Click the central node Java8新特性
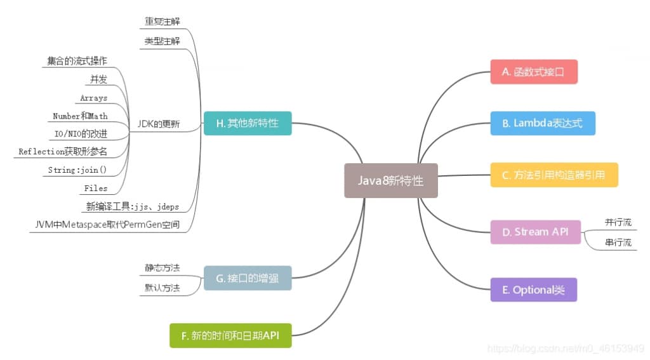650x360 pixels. click(x=390, y=180)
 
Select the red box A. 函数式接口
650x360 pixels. click(x=533, y=72)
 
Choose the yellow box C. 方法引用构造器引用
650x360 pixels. click(x=554, y=175)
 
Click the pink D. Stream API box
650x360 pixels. click(x=535, y=232)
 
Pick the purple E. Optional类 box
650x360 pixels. click(x=533, y=290)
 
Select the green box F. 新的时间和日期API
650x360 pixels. click(x=230, y=335)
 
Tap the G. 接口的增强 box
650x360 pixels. click(x=248, y=278)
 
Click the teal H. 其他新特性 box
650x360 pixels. click(x=248, y=123)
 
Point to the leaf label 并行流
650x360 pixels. click(x=618, y=222)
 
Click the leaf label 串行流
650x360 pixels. click(x=618, y=242)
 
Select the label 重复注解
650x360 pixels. click(x=162, y=21)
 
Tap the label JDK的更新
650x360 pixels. click(x=159, y=124)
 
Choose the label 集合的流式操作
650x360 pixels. click(x=77, y=61)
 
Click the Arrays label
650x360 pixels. click(x=94, y=98)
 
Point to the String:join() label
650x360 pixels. click(x=77, y=170)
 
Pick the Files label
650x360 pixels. click(x=96, y=189)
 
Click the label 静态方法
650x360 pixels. click(x=162, y=267)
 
